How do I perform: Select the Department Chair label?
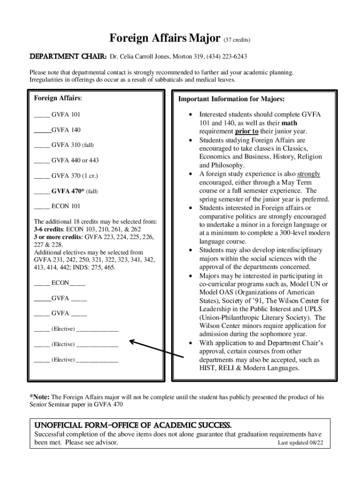pyautogui.click(x=68, y=57)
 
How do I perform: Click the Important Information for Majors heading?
pyautogui.click(x=231, y=99)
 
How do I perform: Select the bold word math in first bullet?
pyautogui.click(x=289, y=123)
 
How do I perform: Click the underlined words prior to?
pyautogui.click(x=243, y=132)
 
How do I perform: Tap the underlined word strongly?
pyautogui.click(x=309, y=174)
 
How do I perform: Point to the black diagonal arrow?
pyautogui.click(x=157, y=350)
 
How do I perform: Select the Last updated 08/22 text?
pyautogui.click(x=300, y=443)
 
